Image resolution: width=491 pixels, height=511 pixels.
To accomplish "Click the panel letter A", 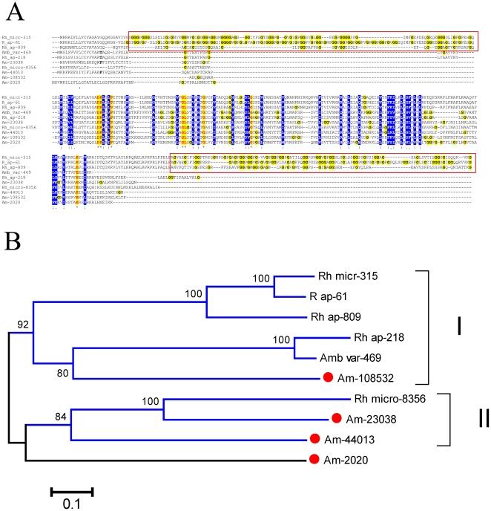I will pyautogui.click(x=12, y=12).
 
